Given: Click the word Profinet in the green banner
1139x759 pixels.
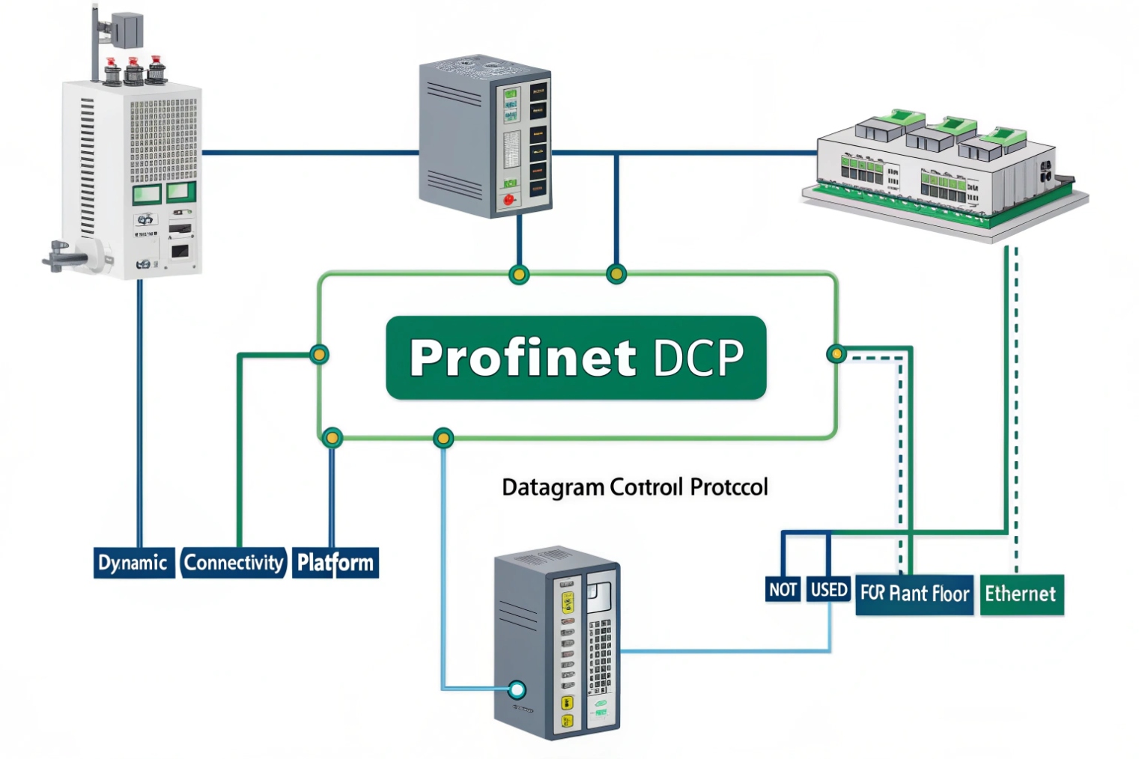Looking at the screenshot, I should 522,358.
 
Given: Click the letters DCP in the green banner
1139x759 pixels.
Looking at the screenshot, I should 698,358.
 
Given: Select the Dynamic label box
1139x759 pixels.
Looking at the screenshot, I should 133,563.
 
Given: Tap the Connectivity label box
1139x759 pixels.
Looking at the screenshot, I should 234,563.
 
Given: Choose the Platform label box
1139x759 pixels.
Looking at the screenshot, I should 335,563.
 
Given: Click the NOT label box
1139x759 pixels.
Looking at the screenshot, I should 783,590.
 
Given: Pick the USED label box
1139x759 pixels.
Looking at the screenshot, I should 829,590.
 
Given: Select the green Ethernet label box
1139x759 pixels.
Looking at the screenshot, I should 1021,594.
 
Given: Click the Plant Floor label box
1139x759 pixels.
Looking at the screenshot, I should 916,594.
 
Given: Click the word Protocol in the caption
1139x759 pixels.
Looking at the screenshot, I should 729,487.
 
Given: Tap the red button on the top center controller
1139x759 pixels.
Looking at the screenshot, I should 510,200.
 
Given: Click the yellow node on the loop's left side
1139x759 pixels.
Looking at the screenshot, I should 319,354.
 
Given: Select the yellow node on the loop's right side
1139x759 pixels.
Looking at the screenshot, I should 836,353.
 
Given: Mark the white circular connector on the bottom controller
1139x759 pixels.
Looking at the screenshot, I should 517,689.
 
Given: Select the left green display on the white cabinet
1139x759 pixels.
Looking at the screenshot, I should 147,195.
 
